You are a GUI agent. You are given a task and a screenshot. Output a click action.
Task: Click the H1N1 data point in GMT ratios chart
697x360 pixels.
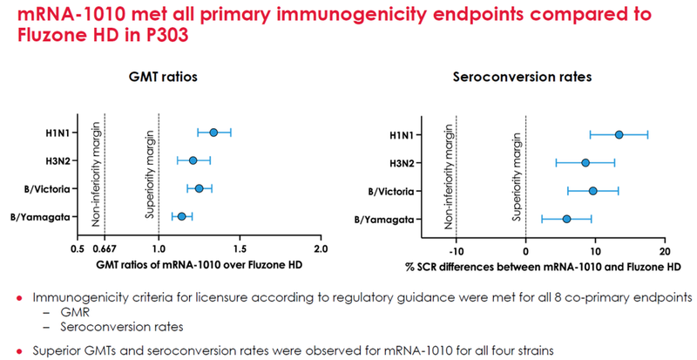(214, 132)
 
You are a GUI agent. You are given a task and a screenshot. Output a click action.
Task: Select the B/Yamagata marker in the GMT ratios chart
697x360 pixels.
(181, 216)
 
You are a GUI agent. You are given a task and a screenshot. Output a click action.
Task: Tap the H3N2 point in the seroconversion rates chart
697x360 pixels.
(585, 162)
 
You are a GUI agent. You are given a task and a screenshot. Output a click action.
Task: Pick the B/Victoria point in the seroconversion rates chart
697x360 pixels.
(593, 191)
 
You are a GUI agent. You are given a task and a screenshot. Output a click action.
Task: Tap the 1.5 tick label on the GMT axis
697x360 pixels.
(240, 249)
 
